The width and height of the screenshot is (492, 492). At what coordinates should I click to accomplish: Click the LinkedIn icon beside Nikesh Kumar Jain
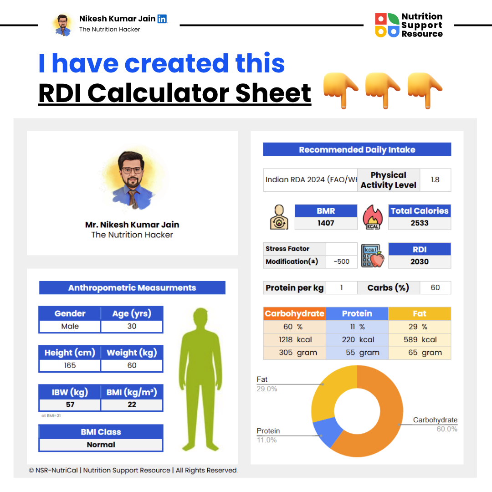click(162, 19)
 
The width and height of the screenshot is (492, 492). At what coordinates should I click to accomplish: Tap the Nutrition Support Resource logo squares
click(386, 25)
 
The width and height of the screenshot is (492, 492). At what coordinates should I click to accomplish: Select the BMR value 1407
click(326, 223)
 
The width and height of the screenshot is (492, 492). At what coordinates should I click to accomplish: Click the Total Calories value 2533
click(420, 223)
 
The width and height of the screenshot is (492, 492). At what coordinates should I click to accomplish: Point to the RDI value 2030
click(420, 261)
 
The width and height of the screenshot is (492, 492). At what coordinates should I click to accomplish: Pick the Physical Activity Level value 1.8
click(435, 179)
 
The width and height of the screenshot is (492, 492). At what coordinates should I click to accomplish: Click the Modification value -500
click(341, 261)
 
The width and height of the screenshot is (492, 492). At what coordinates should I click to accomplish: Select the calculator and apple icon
click(373, 256)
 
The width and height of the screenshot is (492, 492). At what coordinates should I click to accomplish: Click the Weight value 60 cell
click(132, 365)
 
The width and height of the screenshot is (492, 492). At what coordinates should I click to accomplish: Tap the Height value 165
click(70, 365)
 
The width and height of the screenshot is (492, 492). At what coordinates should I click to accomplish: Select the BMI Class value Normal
click(101, 445)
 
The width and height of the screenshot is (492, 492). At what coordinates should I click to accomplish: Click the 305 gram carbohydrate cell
click(294, 353)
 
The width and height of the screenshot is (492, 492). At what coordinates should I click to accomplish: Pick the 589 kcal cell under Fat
click(420, 339)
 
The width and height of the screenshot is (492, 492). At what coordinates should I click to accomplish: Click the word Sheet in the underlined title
click(273, 93)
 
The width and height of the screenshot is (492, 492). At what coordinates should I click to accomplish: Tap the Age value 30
click(132, 326)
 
